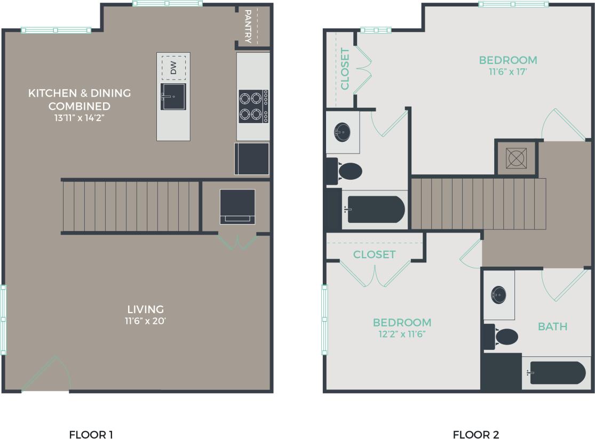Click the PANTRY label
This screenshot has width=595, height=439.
[248, 26]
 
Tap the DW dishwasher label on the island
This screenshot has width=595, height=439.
[173, 68]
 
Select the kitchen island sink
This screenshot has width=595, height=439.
[173, 97]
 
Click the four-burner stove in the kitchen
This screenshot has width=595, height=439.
[253, 106]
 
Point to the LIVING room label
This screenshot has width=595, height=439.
[145, 309]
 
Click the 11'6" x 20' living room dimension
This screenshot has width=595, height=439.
[145, 321]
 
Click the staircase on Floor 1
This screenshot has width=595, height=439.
[131, 206]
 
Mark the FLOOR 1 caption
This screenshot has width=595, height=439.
[91, 434]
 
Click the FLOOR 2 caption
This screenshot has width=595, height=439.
[476, 434]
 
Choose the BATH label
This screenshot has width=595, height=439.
[552, 326]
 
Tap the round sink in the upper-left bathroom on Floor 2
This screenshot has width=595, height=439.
[342, 131]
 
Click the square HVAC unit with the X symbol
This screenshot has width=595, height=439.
[515, 158]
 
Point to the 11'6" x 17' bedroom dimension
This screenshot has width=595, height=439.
[507, 72]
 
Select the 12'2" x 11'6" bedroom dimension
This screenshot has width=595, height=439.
[402, 334]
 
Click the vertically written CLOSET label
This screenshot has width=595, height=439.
[345, 69]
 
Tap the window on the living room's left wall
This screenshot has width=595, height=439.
[3, 320]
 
